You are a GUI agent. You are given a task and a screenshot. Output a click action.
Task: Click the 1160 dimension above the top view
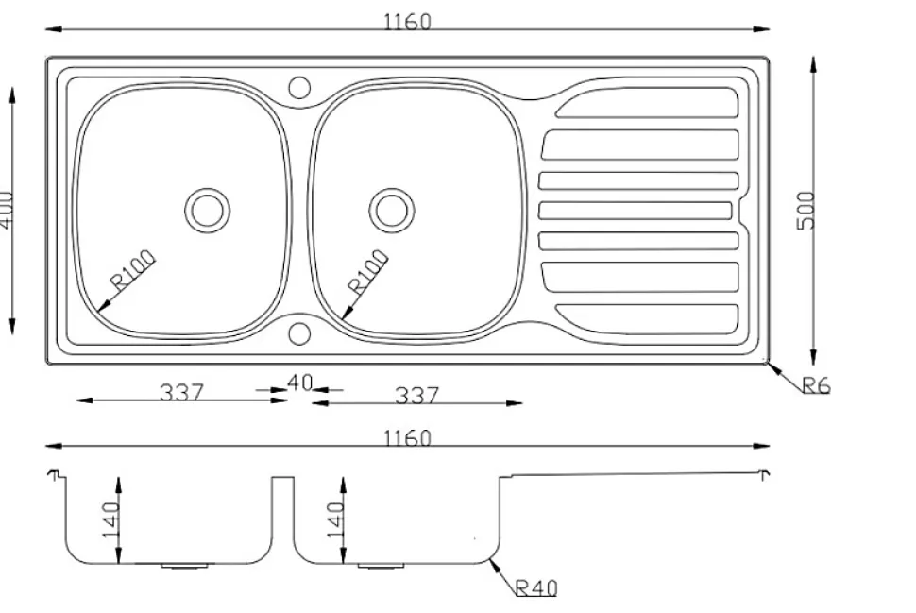[x=407, y=21]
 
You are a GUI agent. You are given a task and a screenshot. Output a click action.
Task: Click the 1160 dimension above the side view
[x=407, y=438]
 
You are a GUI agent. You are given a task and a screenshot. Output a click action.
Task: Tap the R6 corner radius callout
[x=816, y=385]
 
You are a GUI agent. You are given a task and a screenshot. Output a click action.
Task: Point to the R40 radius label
[x=536, y=588]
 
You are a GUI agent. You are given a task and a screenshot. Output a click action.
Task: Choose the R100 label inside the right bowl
[x=367, y=271]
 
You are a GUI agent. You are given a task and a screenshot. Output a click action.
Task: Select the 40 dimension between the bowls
[x=299, y=383]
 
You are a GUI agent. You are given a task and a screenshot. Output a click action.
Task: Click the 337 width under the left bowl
[x=180, y=392]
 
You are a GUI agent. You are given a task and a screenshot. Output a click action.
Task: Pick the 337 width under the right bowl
[x=416, y=395]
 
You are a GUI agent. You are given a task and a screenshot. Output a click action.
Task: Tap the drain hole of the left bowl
[x=207, y=209]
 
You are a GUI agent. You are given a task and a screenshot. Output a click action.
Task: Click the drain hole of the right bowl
[x=391, y=209]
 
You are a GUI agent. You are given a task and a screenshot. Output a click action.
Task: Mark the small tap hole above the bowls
[x=299, y=88]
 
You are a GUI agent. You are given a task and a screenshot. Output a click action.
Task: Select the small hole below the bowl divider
[x=299, y=333]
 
